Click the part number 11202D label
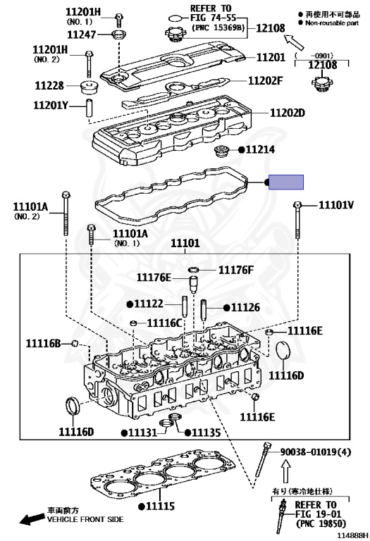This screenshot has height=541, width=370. (287, 113)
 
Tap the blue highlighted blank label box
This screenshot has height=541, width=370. (286, 182)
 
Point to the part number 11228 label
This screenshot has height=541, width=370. (49, 85)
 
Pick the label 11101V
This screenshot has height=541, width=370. (336, 205)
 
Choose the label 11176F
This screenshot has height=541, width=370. (235, 270)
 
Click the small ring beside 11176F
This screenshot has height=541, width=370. (194, 269)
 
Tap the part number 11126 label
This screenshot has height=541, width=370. (245, 307)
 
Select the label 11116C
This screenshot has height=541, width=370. (164, 323)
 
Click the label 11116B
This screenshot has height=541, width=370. (44, 343)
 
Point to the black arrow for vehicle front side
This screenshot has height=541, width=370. (32, 518)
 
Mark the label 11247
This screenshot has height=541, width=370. (81, 34)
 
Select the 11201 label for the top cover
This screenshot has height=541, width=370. (271, 57)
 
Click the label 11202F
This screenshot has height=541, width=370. (266, 80)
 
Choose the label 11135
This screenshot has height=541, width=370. (206, 433)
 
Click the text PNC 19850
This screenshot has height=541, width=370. (321, 524)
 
